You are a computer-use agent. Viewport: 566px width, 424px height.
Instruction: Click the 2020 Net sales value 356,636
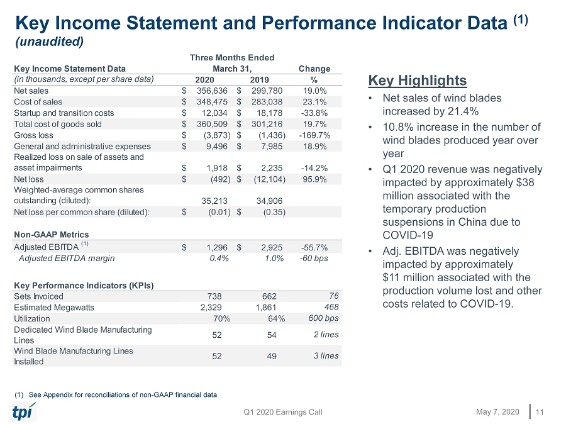(x=212, y=91)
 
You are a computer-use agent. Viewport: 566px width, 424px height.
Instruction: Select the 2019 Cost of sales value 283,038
(x=267, y=102)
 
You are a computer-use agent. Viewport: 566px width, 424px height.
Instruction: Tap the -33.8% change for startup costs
(x=314, y=113)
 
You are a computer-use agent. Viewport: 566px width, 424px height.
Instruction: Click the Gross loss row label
(x=33, y=135)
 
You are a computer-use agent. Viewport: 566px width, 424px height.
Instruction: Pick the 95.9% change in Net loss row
(x=314, y=179)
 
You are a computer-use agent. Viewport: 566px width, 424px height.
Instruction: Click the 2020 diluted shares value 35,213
(x=214, y=201)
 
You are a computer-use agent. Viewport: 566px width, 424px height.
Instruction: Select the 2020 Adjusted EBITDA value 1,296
(x=217, y=247)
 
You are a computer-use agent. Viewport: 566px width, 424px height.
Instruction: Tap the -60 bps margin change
(x=314, y=258)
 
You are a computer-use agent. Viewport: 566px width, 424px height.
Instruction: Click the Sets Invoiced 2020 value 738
(x=214, y=296)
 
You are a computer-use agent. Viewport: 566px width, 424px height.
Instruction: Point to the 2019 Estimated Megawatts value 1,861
(x=266, y=308)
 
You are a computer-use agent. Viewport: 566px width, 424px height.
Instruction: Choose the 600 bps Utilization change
(x=323, y=318)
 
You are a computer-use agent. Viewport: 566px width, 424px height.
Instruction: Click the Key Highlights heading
(x=418, y=81)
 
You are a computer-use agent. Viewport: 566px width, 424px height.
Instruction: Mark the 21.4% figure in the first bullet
(x=463, y=111)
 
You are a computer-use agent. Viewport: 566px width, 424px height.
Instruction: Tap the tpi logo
(x=24, y=411)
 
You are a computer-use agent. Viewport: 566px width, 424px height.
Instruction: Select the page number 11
(x=540, y=412)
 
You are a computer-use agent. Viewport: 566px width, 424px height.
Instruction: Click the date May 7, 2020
(x=497, y=412)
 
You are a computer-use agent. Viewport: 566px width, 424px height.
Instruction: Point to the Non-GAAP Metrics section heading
(x=52, y=235)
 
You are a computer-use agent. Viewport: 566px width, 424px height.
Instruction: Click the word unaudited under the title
(x=49, y=42)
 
